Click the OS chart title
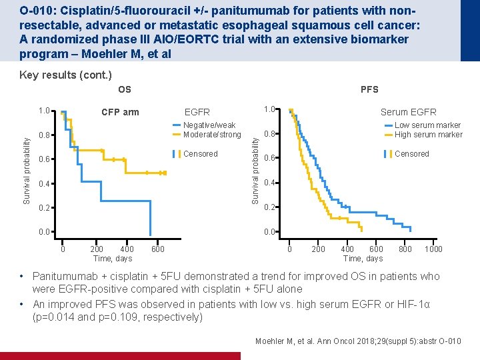point(125,89)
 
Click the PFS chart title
point(369,89)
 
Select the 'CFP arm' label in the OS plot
point(120,112)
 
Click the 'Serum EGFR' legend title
point(409,112)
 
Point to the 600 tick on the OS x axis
point(157,249)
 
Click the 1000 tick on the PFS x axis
point(433,249)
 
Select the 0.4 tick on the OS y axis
point(45,184)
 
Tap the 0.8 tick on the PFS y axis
point(270,134)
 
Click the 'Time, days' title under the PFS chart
point(363,259)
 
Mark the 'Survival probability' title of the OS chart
point(27,171)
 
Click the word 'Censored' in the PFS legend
point(412,154)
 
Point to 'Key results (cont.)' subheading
point(65,75)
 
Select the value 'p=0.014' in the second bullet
point(53,317)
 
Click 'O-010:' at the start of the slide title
point(37,11)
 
